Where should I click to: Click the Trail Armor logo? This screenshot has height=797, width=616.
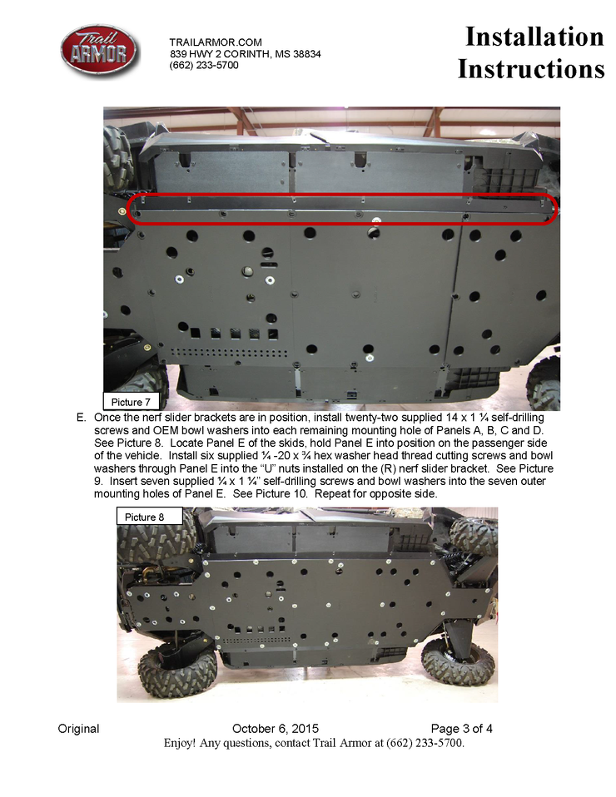point(99,52)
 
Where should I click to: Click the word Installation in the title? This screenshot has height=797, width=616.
point(534,37)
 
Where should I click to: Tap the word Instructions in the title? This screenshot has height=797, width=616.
point(531,68)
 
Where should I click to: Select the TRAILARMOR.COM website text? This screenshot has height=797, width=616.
point(216,42)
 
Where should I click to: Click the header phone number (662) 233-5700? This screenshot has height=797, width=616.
point(203,65)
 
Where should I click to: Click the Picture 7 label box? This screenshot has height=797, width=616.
point(132,402)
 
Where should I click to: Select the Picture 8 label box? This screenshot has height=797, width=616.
point(149,517)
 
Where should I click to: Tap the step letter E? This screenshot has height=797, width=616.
point(81,418)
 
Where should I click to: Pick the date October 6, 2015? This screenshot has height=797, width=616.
point(276,729)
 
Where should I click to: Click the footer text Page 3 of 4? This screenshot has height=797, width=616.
point(461,729)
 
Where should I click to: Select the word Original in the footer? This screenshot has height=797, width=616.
point(78,729)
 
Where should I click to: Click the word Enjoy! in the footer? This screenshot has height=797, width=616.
point(180,743)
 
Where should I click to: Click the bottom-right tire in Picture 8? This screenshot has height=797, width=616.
point(457,660)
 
